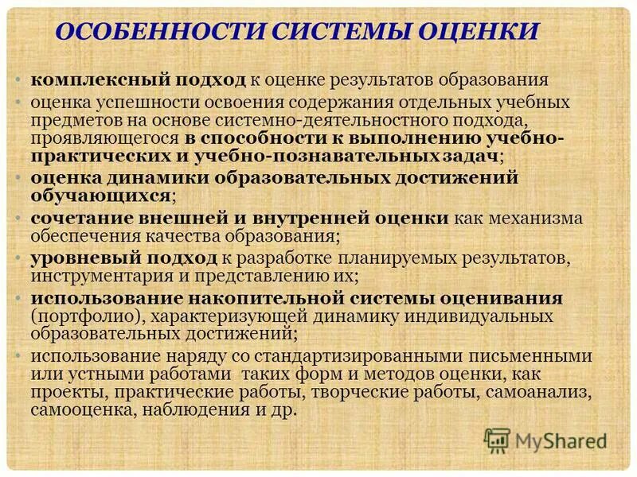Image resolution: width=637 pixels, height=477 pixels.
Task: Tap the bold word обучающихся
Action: pyautogui.click(x=100, y=195)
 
